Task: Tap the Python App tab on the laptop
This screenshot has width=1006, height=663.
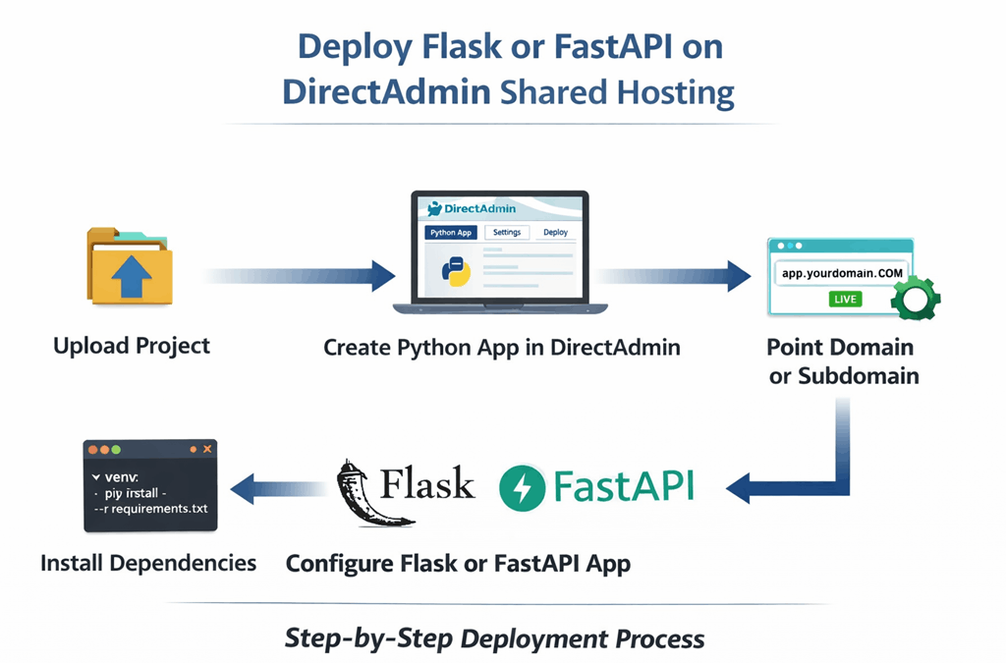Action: tap(451, 233)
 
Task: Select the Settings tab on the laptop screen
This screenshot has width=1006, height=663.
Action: tap(507, 233)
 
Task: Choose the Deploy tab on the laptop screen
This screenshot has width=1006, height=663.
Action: tap(555, 233)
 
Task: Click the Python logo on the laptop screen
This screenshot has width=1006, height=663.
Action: tap(456, 271)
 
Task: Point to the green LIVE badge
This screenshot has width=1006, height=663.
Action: tap(845, 299)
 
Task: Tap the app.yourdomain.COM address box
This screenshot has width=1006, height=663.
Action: tap(842, 273)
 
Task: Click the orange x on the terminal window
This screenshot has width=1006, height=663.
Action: tap(207, 449)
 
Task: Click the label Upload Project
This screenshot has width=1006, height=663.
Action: tap(132, 346)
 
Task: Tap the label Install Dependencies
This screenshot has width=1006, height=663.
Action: tap(148, 563)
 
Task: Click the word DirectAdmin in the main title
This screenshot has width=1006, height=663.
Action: tap(386, 91)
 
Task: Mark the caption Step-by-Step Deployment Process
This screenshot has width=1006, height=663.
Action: tap(494, 638)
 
